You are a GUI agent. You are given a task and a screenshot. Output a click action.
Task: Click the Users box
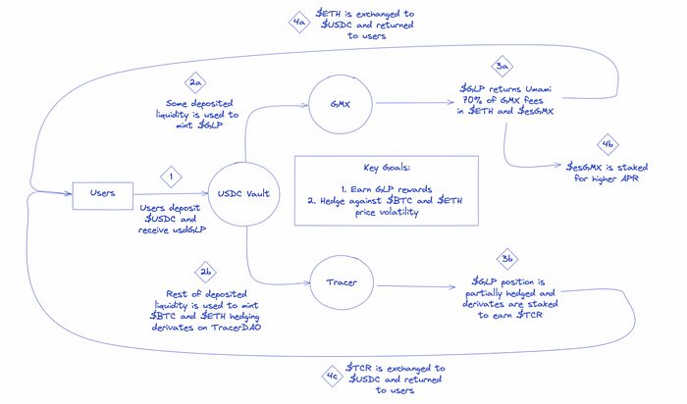click(x=103, y=193)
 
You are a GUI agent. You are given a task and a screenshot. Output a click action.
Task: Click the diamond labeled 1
click(x=172, y=177)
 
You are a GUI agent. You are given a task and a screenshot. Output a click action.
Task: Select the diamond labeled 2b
click(x=205, y=271)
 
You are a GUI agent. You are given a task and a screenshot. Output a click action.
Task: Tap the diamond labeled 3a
click(x=503, y=67)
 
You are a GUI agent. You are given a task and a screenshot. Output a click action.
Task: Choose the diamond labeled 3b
click(x=506, y=258)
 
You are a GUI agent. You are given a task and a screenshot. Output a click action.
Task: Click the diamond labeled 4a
click(x=299, y=19)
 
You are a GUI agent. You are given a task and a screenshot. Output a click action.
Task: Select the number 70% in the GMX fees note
click(x=482, y=100)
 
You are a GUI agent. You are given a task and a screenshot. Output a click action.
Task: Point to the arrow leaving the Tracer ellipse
click(x=412, y=285)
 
